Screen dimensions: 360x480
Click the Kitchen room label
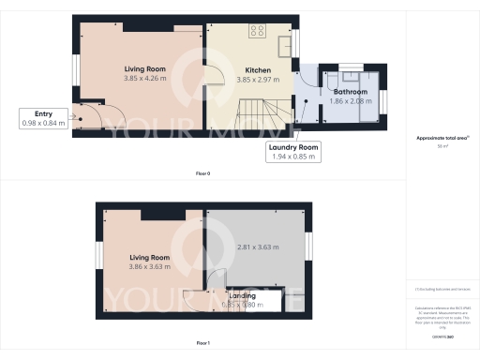258,70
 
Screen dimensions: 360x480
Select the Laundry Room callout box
294,152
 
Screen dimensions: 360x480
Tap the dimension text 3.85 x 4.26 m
143,79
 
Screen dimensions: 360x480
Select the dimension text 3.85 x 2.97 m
258,80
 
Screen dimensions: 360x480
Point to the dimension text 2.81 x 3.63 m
256,248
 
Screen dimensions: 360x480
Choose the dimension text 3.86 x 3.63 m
148,266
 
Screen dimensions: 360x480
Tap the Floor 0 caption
202,174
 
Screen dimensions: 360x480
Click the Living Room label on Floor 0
143,69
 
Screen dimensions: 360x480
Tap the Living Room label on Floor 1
148,257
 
